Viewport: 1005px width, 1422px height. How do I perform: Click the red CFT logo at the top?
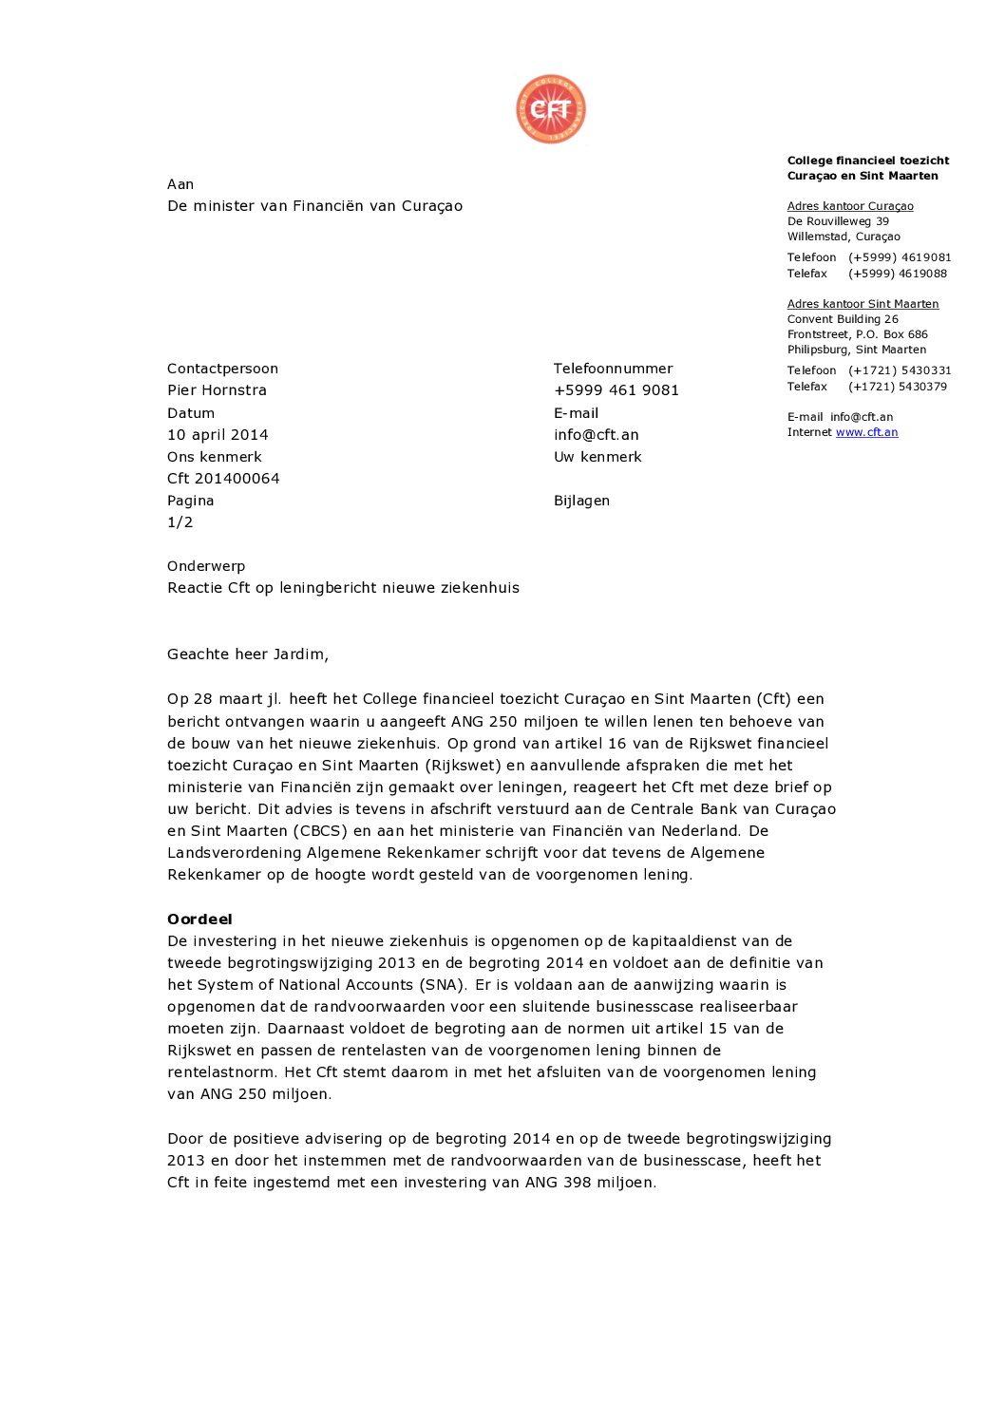pos(551,109)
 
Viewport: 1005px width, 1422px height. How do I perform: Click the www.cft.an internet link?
pos(866,432)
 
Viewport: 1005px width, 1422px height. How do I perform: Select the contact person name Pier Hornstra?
pos(217,390)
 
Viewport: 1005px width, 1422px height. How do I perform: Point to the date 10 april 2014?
pos(218,435)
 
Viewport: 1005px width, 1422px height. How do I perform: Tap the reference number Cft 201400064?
pos(223,479)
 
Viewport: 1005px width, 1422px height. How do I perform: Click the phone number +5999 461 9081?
pos(616,390)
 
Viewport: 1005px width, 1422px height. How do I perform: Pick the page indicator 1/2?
pos(180,522)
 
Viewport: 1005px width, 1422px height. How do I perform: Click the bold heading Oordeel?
pos(199,920)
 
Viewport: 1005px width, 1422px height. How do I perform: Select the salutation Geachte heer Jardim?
pos(247,654)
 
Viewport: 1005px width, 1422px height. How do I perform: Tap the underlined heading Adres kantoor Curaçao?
pos(850,206)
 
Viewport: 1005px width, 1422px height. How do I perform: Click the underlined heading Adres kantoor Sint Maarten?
pos(863,304)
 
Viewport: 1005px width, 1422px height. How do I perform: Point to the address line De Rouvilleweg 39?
pos(838,221)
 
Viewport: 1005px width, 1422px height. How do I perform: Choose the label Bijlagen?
pos(581,501)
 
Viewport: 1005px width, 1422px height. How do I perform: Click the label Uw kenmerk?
pos(597,457)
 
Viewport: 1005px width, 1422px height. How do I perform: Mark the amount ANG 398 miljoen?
pos(590,1183)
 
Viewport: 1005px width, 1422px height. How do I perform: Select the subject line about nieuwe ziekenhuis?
pos(343,588)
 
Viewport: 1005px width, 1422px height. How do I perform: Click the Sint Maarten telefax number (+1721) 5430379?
pos(897,387)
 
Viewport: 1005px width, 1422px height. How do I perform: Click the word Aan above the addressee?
pos(180,184)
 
